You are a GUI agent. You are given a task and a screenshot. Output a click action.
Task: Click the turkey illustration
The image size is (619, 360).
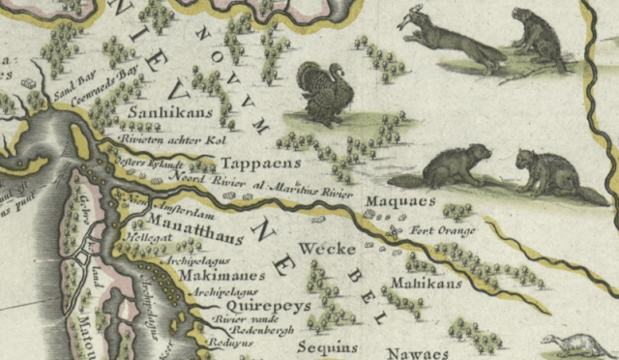325,93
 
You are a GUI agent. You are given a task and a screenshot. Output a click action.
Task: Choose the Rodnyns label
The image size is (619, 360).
227,345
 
